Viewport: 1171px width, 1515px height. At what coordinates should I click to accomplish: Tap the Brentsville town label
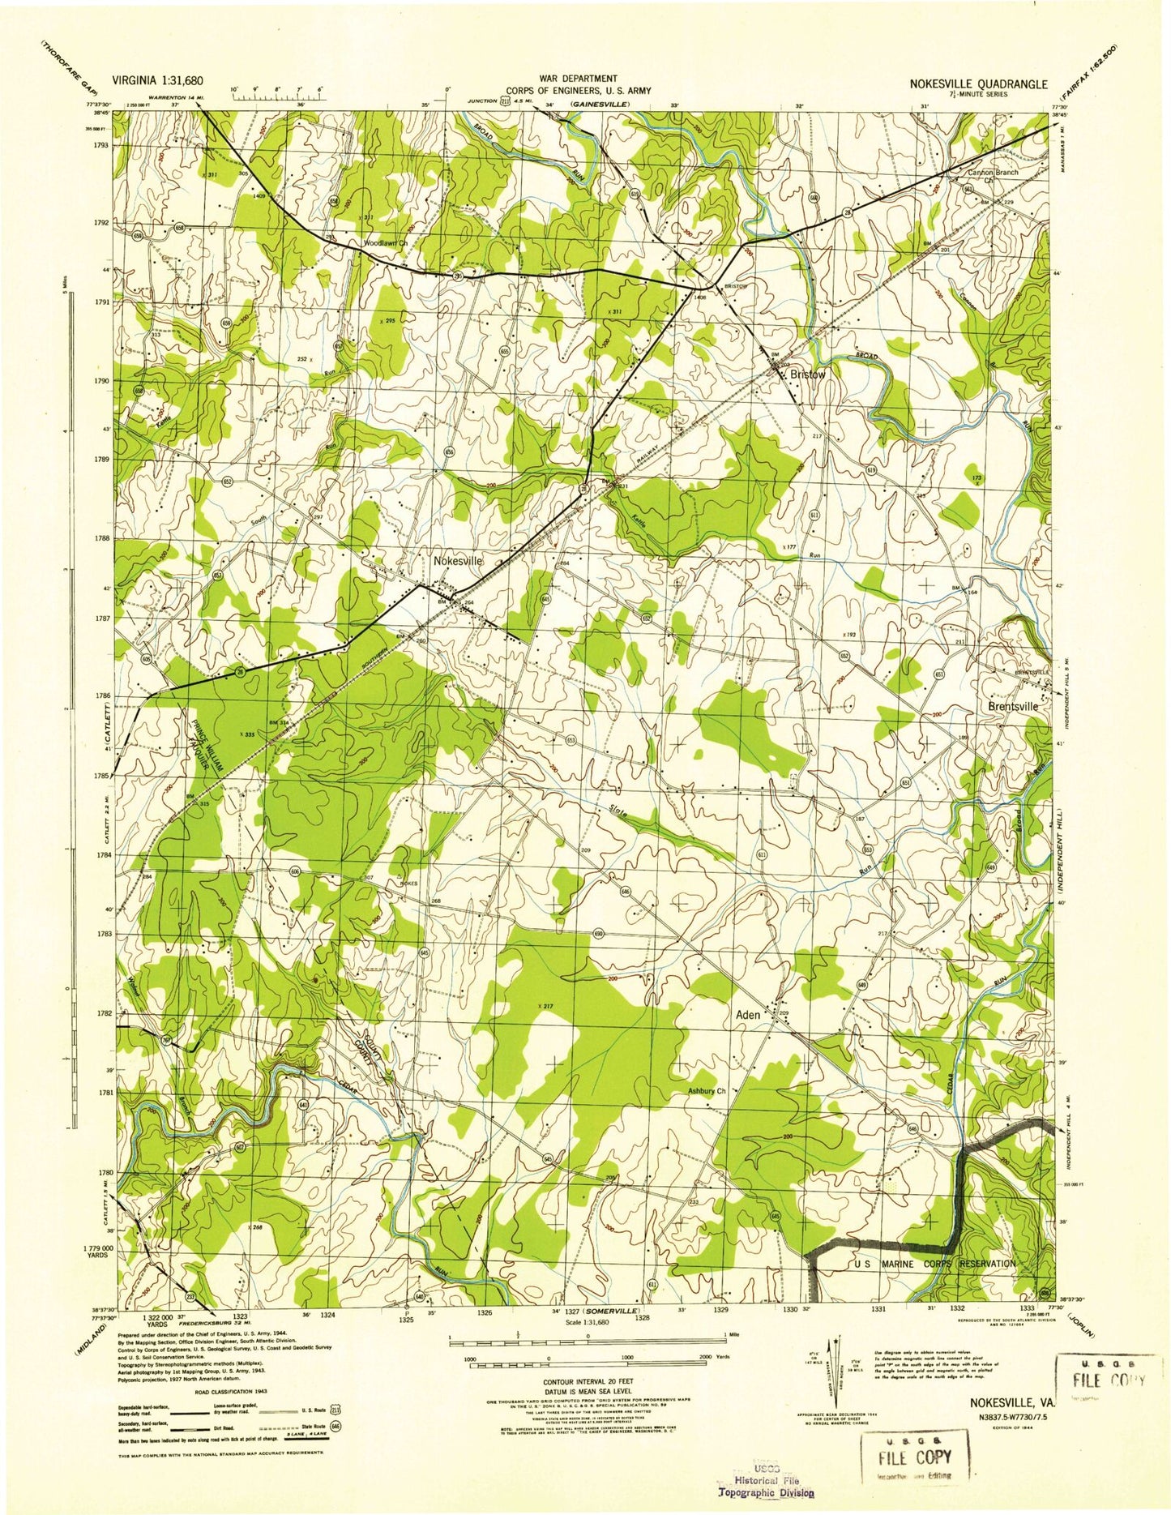tap(1013, 706)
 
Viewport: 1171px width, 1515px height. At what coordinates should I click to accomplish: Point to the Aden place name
tap(747, 1015)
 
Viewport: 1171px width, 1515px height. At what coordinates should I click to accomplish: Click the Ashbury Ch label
tap(707, 1091)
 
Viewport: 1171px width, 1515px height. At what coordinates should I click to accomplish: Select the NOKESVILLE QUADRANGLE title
tap(978, 83)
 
